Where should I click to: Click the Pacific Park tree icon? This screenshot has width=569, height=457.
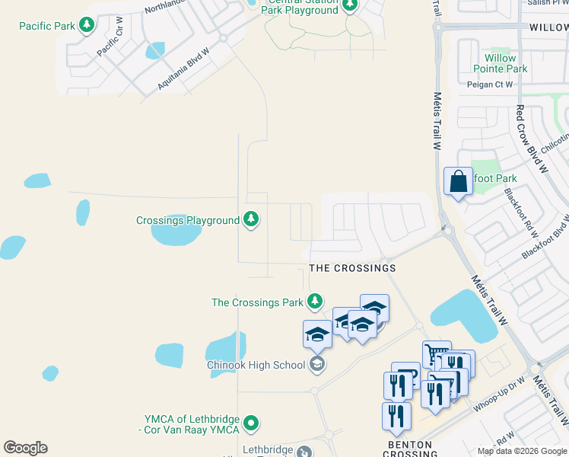[x=87, y=26]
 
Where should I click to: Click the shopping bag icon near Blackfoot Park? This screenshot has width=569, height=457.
[x=458, y=182]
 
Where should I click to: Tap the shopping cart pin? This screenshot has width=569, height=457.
[x=437, y=353]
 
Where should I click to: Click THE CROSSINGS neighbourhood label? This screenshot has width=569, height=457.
[x=352, y=269]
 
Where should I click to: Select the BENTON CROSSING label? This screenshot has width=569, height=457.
[x=410, y=449]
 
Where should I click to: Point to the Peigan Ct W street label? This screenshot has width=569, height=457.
[x=491, y=85]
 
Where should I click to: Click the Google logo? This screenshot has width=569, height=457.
[x=25, y=448]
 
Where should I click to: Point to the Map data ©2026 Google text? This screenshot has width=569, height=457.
[x=521, y=451]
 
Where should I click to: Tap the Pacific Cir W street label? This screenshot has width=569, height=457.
[x=110, y=42]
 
